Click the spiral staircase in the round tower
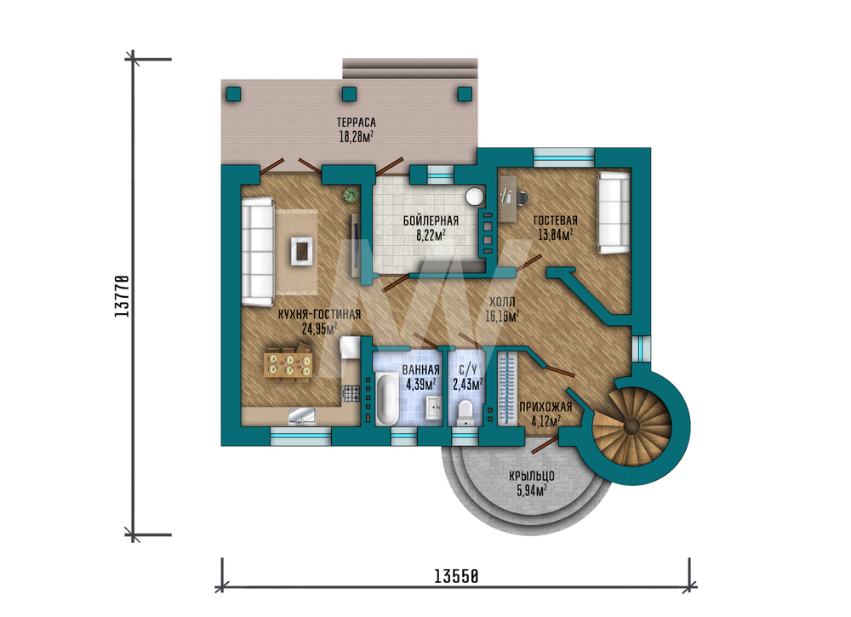(x=632, y=426)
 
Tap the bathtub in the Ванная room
(x=386, y=399)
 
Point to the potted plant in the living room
(x=351, y=194)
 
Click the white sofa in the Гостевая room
(x=614, y=213)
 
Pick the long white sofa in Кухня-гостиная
(x=257, y=251)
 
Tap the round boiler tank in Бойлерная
(x=475, y=197)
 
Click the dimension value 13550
(x=456, y=576)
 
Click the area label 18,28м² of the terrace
(x=356, y=137)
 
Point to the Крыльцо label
(x=531, y=476)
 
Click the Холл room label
(x=502, y=302)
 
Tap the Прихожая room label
(x=545, y=407)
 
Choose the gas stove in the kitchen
(x=351, y=393)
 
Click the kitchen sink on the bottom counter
(x=302, y=415)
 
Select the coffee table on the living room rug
(x=301, y=251)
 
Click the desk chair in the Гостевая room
(x=523, y=197)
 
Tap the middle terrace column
(x=350, y=94)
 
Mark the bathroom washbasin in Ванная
(x=434, y=407)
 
